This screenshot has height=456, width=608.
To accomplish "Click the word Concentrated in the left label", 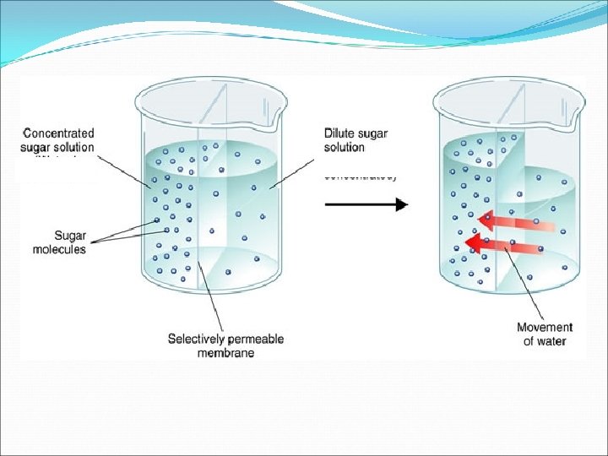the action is (x=59, y=133).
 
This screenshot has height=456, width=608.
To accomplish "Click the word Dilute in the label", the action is (x=340, y=133).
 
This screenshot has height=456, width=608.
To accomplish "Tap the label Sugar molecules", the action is (x=59, y=242).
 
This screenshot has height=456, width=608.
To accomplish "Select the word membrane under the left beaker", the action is (x=225, y=353).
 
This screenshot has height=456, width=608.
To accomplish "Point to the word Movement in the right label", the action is (x=545, y=328).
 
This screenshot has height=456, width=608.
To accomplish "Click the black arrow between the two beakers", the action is (x=366, y=204).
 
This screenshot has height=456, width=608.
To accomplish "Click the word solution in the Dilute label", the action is (x=345, y=147).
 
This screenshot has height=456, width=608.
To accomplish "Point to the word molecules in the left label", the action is (x=59, y=249).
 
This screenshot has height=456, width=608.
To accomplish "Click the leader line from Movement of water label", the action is (x=524, y=282).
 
